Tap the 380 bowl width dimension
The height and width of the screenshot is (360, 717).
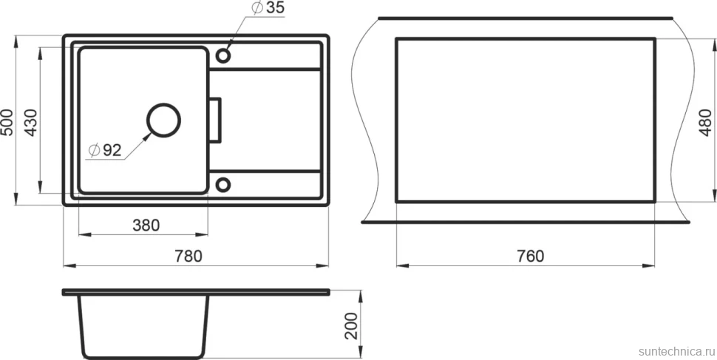[x=146, y=225]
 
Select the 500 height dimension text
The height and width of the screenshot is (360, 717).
[x=7, y=122]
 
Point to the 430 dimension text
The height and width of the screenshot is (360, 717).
[x=30, y=122]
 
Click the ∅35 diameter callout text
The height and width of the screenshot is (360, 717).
[x=268, y=8]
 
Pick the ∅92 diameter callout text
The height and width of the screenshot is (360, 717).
[x=105, y=150]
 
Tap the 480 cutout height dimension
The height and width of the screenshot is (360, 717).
[x=706, y=123]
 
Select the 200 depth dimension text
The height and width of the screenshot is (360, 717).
[x=350, y=326]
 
